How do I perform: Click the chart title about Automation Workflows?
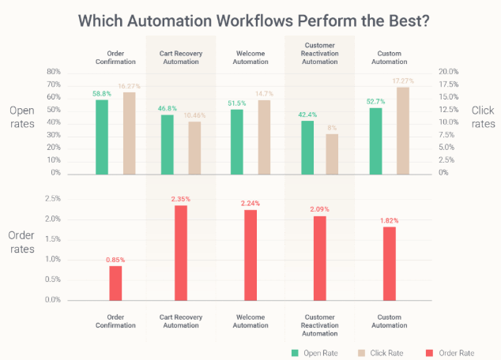pyautogui.click(x=250, y=21)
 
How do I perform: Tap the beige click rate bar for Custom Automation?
pyautogui.click(x=403, y=131)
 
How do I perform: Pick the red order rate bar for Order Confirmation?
pyautogui.click(x=115, y=283)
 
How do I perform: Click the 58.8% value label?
pyautogui.click(x=102, y=93)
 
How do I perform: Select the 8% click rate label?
pyautogui.click(x=333, y=127)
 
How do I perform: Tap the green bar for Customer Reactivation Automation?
pyautogui.click(x=307, y=148)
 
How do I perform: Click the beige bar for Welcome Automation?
pyautogui.click(x=265, y=137)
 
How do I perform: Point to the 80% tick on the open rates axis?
pyautogui.click(x=54, y=72)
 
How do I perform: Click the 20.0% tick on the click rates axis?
pyautogui.click(x=448, y=72)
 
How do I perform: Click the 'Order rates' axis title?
pyautogui.click(x=21, y=242)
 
